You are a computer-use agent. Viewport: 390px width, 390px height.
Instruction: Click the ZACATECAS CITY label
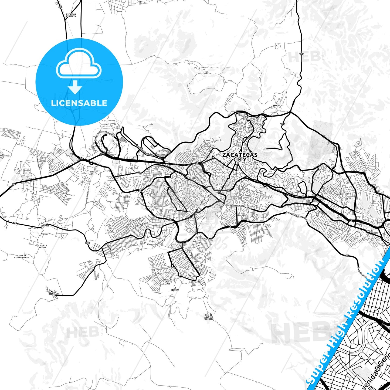pyautogui.click(x=240, y=157)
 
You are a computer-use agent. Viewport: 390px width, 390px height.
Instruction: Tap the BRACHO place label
pyautogui.click(x=276, y=106)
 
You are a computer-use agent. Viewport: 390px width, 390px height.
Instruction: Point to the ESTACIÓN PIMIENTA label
pyautogui.click(x=71, y=15)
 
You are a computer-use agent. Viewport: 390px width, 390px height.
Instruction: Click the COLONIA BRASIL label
pyautogui.click(x=42, y=246)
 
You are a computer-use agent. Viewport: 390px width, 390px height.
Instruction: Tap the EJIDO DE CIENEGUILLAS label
pyautogui.click(x=22, y=256)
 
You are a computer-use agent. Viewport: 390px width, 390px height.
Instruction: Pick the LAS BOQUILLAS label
pyautogui.click(x=54, y=293)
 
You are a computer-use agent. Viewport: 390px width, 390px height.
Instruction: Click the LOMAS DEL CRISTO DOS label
pyautogui.click(x=168, y=282)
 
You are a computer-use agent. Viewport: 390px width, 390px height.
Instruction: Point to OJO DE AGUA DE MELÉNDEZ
pyautogui.click(x=209, y=317)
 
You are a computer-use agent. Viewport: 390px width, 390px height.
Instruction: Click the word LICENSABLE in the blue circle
pyautogui.click(x=79, y=103)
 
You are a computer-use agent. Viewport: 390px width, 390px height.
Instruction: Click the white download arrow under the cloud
pyautogui.click(x=75, y=87)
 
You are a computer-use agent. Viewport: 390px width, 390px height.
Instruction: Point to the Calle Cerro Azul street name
pyautogui.click(x=203, y=238)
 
